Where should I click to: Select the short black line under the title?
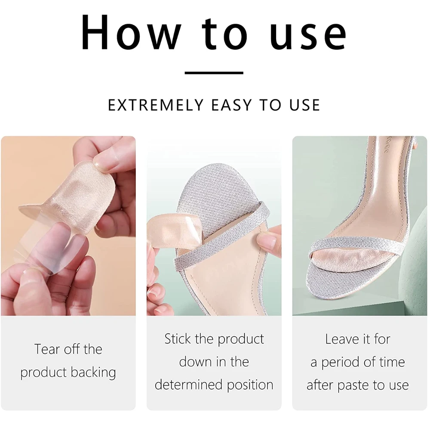(214, 73)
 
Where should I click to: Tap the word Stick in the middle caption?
(178, 339)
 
